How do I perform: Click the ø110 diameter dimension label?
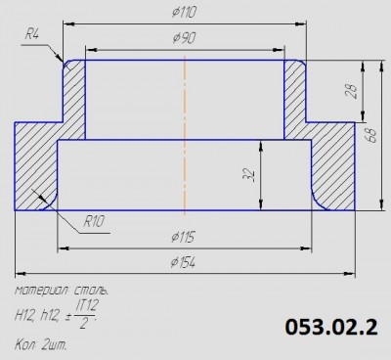pos(185,13)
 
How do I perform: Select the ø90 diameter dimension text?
pos(185,38)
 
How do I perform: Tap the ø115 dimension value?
pos(183,237)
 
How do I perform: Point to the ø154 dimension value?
pos(183,262)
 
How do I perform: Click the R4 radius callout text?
pos(32,34)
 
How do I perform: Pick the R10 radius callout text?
pos(94,221)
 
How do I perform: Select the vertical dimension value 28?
pos(351,91)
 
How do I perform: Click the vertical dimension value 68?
pos(371,135)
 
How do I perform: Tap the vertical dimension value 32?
pos(248,174)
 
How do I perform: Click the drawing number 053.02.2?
pos(331,327)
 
